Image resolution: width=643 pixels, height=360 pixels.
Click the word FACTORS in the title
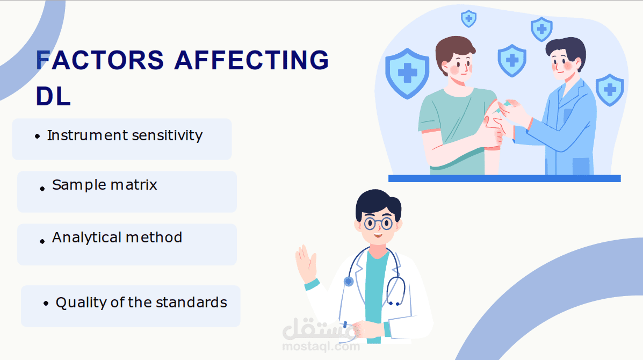[100, 60]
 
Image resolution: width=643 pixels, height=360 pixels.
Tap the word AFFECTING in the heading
[252, 60]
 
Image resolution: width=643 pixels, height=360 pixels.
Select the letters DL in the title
[53, 96]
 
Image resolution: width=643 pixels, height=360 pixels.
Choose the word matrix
[134, 185]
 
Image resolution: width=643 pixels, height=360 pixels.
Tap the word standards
[191, 303]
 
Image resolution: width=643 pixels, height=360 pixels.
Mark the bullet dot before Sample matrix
[42, 189]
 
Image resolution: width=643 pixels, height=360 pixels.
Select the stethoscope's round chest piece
[349, 281]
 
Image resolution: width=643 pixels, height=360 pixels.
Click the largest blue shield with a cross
[407, 74]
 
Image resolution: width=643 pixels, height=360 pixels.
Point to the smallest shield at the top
[469, 19]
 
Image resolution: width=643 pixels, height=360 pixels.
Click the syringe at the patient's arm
[503, 106]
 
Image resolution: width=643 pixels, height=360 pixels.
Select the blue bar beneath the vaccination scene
[504, 178]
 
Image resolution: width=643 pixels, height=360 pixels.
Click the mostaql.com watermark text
[321, 347]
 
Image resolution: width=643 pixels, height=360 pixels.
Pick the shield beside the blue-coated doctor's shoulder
[610, 90]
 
